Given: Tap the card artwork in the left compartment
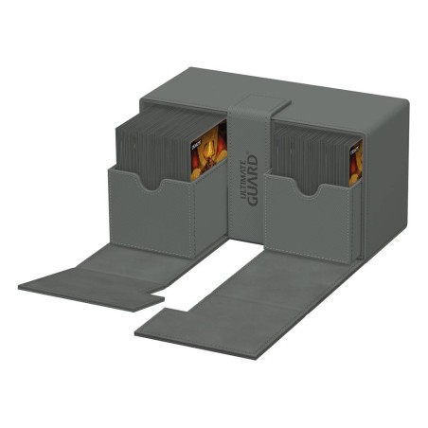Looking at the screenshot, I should tap(208, 152).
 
